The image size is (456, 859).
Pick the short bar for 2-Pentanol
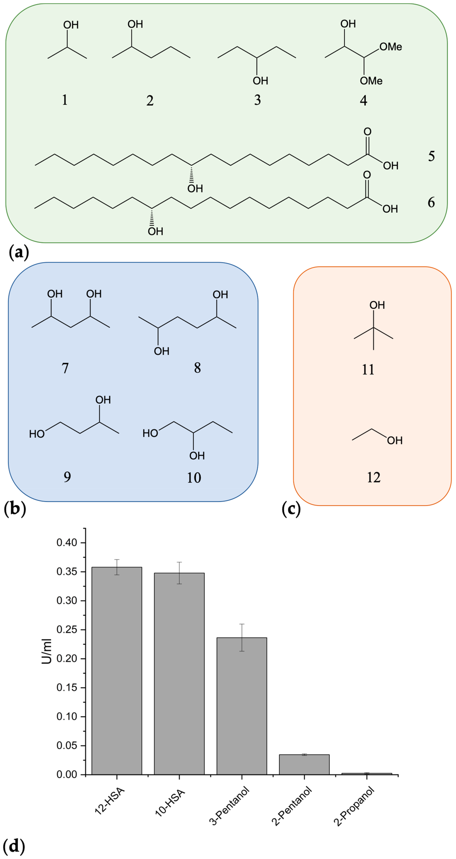(304, 765)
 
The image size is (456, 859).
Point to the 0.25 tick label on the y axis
(67, 630)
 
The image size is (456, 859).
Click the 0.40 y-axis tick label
(67, 543)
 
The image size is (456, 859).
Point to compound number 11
(368, 370)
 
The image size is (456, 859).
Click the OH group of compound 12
(395, 441)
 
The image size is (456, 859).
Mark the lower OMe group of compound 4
(371, 81)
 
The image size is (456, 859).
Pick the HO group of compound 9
(37, 434)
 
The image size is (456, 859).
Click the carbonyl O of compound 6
(367, 175)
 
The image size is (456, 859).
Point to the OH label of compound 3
(260, 81)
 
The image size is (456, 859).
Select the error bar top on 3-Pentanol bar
(242, 624)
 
